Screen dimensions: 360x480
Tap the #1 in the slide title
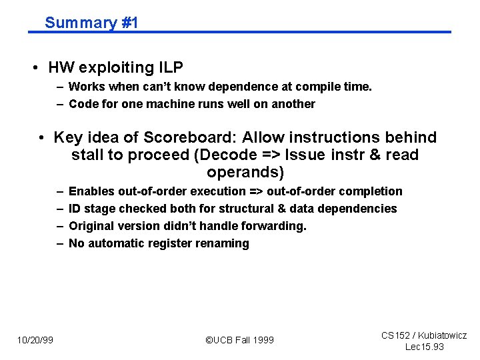pyautogui.click(x=129, y=23)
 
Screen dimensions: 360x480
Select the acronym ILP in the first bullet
pyautogui.click(x=170, y=67)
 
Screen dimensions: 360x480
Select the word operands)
pyautogui.click(x=245, y=173)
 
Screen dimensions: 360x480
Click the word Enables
pyautogui.click(x=91, y=192)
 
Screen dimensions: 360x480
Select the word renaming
pyautogui.click(x=224, y=244)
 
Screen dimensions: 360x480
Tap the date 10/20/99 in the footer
pyautogui.click(x=35, y=341)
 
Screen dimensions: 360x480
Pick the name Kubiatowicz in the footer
pyautogui.click(x=442, y=336)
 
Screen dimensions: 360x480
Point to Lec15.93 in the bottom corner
pyautogui.click(x=425, y=347)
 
